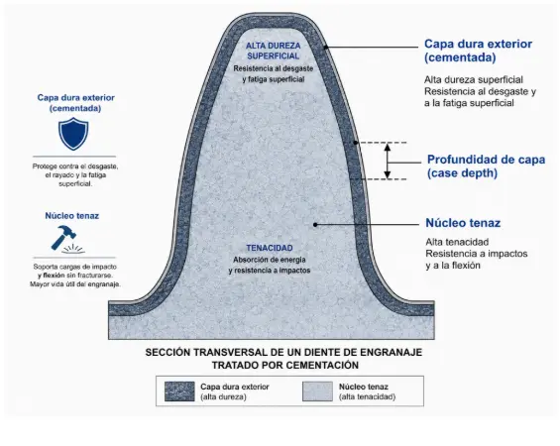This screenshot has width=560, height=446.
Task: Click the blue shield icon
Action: [x=73, y=134]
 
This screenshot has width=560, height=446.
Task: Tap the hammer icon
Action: [x=64, y=238]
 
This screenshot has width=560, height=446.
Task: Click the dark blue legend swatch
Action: [x=179, y=391]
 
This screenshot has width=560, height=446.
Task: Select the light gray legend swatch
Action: [x=317, y=391]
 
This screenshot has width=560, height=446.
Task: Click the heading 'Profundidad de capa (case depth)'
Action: [x=486, y=167]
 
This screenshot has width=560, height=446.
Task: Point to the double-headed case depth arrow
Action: [x=388, y=161]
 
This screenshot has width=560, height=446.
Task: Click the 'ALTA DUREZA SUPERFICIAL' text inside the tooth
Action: [x=274, y=51]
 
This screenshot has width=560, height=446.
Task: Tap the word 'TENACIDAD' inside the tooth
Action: [x=270, y=248]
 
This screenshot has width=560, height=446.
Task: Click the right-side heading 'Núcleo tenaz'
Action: [x=463, y=223]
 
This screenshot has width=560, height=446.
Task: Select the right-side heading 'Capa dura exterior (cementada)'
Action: [x=478, y=51]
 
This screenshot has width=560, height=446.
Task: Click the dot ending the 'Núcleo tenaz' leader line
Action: [x=315, y=225]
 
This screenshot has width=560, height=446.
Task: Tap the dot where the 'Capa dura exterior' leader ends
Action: [x=325, y=48]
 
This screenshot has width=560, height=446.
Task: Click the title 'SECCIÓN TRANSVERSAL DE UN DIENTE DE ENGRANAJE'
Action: [x=283, y=353]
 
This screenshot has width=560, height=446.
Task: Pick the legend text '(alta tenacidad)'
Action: [x=367, y=396]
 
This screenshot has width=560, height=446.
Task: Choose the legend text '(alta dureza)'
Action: [x=223, y=396]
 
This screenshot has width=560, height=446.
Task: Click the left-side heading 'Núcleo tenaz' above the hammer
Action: [x=71, y=216]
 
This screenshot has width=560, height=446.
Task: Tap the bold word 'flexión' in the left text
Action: [x=54, y=276]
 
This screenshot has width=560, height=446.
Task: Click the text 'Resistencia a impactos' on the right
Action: [x=477, y=254]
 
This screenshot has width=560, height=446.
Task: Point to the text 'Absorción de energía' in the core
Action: [x=270, y=260]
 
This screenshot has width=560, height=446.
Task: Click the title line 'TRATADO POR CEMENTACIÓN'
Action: [x=285, y=366]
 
